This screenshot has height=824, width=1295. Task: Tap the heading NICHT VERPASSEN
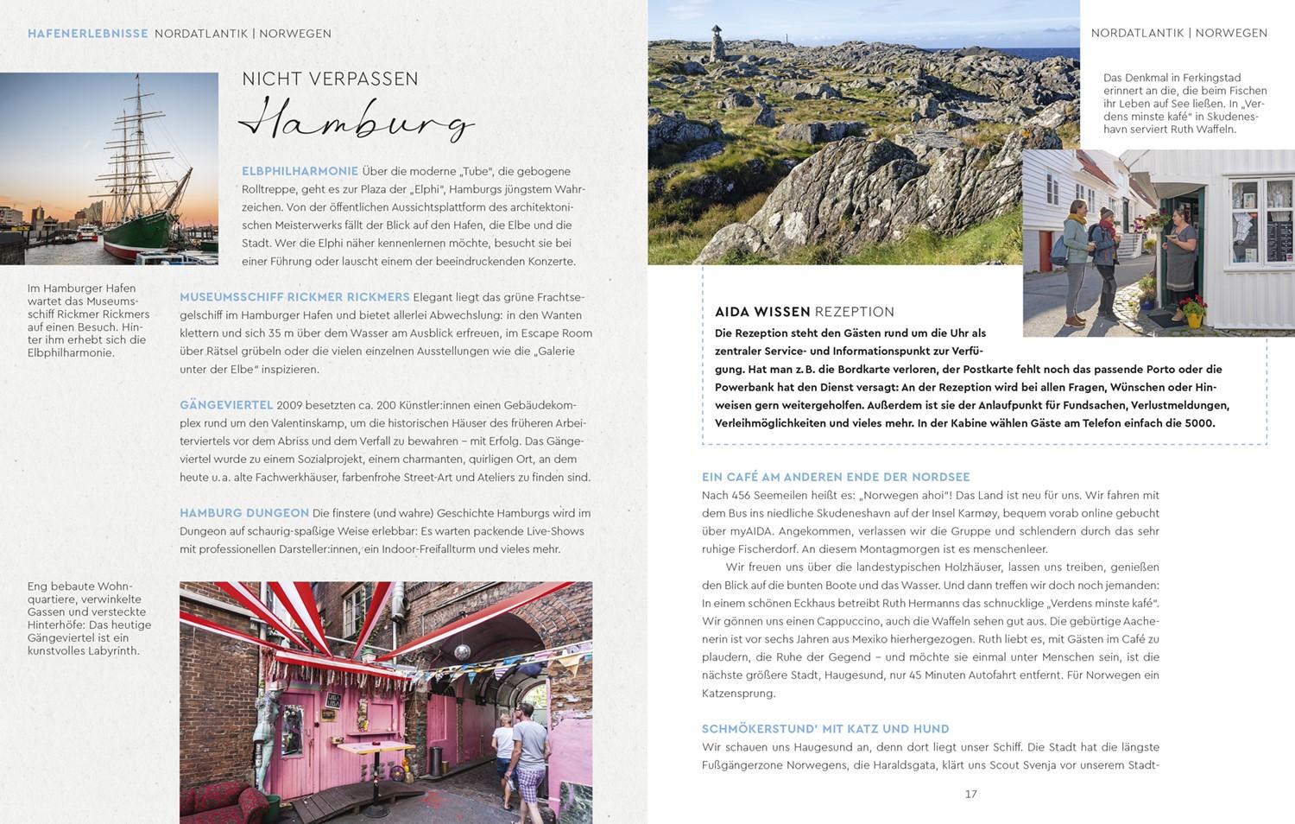330,79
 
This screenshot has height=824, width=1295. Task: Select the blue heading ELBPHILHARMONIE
300,171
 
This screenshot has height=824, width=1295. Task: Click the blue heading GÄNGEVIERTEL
226,405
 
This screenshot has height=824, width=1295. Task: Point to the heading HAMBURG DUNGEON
244,513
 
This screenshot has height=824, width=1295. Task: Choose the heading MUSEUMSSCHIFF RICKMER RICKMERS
294,297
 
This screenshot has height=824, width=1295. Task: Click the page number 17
970,794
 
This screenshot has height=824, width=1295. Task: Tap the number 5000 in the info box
1199,423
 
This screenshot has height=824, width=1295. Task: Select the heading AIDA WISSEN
762,312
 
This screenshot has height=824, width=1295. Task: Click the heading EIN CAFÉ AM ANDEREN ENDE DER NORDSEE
836,477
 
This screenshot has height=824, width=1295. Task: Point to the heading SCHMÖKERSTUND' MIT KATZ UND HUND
825,729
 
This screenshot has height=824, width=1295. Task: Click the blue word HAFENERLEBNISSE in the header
88,34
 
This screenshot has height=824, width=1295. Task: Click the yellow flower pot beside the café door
1194,318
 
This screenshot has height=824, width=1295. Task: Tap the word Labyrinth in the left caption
113,650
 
